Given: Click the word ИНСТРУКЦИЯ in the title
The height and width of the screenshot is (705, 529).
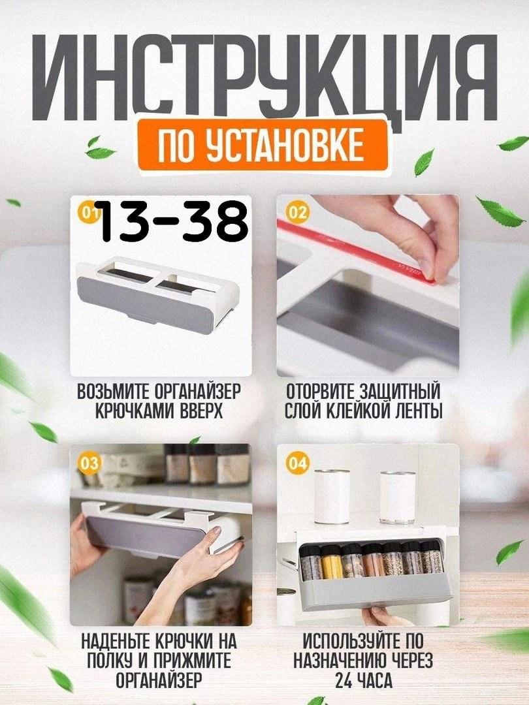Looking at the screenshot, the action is [264, 77].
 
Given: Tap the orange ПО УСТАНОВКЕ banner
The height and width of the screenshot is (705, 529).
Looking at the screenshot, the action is [263, 145].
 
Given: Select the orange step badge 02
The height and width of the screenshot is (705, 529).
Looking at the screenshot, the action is [297, 212].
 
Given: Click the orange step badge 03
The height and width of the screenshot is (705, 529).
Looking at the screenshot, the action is [89, 463].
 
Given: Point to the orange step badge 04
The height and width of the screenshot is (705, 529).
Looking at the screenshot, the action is [297, 463].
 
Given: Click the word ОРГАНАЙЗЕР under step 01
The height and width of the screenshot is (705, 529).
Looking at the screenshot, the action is [197, 392].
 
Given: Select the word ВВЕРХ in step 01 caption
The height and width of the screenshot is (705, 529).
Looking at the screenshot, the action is [202, 411].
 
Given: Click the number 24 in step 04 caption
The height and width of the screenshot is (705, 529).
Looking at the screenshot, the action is [344, 680].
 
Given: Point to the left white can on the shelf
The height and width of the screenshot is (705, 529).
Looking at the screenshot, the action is [332, 496].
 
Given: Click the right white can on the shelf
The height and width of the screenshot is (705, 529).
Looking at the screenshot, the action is [397, 497].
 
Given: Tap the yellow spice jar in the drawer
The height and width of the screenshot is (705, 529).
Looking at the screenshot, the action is [332, 562].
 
